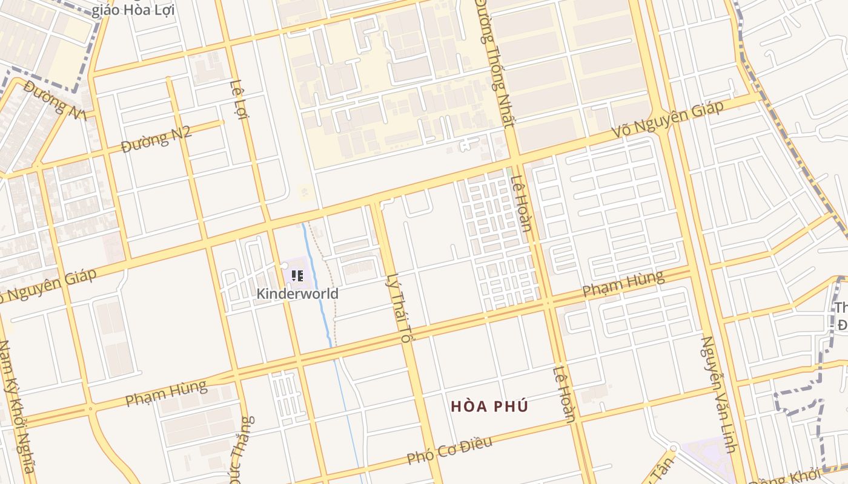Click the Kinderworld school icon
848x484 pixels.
297,276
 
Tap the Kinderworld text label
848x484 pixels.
297,294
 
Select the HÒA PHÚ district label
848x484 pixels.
489,407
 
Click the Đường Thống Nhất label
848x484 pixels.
495,60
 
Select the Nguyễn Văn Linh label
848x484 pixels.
718,393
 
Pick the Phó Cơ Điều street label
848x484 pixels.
449,451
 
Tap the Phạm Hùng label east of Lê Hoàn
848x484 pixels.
623,284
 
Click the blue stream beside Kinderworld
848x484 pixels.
322,296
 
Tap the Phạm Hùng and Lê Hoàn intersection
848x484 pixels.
548,301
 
